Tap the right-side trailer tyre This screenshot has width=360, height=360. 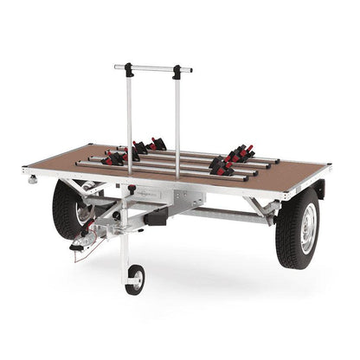[x=298, y=228]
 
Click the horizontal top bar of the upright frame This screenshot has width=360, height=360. [x=153, y=67]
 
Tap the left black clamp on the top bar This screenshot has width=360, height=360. [x=128, y=67]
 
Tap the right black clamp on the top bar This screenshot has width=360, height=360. [x=177, y=71]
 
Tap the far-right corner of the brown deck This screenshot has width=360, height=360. [x=330, y=164]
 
